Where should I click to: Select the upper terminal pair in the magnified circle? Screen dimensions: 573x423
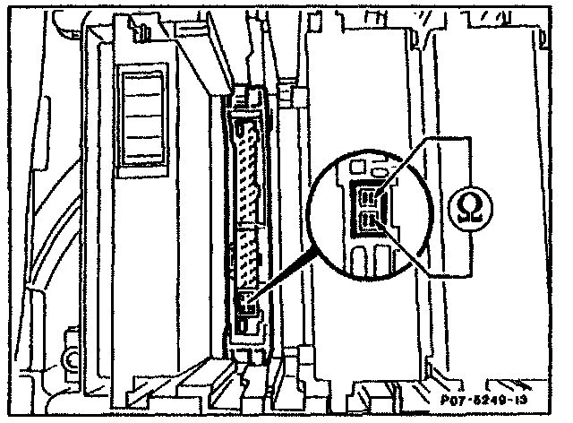coord(370,196)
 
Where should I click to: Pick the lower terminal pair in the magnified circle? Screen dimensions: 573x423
coord(370,221)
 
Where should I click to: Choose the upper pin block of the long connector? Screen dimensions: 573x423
coord(246,170)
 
